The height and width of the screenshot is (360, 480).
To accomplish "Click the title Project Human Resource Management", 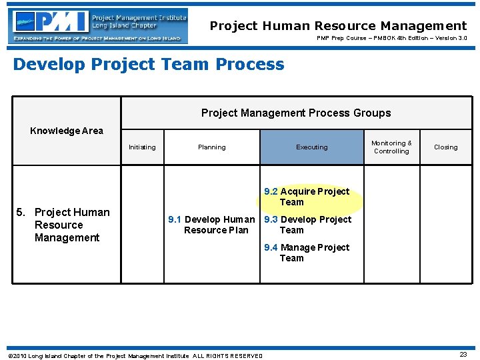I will (x=338, y=26).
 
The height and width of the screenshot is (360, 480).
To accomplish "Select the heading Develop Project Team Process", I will (x=149, y=64).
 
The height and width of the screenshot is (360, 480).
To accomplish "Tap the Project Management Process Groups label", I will (x=296, y=113).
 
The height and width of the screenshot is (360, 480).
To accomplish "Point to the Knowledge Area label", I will (x=67, y=131).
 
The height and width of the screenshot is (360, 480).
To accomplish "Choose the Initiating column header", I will (x=142, y=147).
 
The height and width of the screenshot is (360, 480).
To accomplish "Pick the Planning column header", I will (x=211, y=147).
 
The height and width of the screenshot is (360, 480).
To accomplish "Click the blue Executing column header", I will (x=312, y=147).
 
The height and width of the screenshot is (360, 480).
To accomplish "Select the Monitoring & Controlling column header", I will (x=391, y=147).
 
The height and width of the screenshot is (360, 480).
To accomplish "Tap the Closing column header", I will (x=445, y=147).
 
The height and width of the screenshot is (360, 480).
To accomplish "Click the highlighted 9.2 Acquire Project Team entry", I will (x=307, y=197).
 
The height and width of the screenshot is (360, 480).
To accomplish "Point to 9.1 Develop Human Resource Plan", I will (x=211, y=225).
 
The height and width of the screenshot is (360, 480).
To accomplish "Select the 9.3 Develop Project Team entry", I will (x=307, y=225).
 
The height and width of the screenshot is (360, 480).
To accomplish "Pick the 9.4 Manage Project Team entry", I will (x=307, y=253).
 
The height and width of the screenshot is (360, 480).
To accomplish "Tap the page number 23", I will (x=463, y=355).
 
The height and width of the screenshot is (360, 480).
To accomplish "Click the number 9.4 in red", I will (x=271, y=247).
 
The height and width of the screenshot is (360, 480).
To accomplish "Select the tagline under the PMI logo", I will (x=97, y=39).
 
